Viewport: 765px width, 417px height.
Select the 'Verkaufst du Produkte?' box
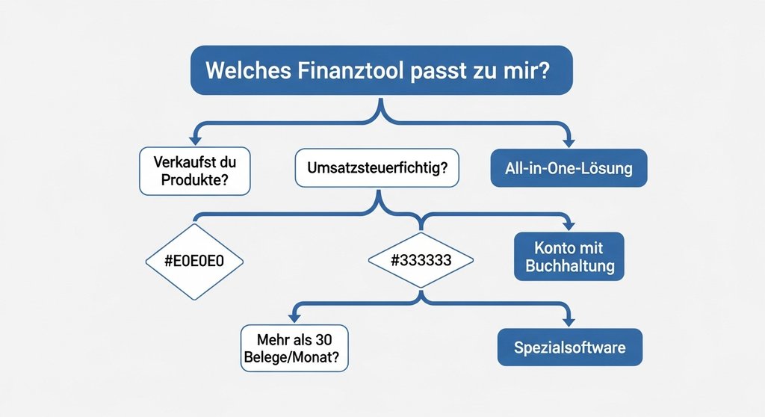(x=194, y=170)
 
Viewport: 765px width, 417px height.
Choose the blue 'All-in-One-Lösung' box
(x=568, y=168)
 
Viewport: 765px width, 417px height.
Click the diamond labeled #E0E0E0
(x=194, y=262)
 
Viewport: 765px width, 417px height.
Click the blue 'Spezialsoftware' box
(x=569, y=347)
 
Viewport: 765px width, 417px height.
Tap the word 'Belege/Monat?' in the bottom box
(x=297, y=356)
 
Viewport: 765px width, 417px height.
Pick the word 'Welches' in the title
(x=244, y=71)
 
